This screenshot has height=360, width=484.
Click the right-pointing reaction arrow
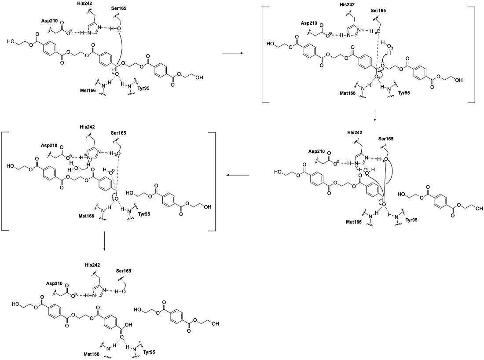click(232, 53)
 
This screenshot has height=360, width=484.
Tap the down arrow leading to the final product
click(104, 243)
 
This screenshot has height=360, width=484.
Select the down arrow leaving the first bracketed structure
click(375, 115)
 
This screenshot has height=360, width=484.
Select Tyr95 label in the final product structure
click(148, 353)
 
